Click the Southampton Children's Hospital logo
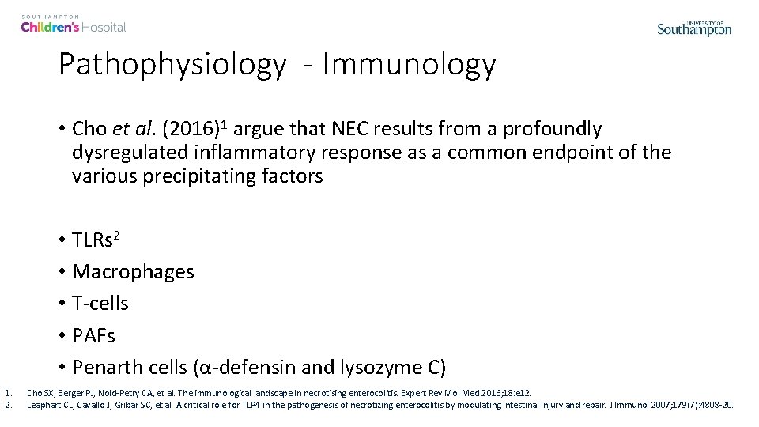(73, 24)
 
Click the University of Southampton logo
(694, 28)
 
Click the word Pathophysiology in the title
(172, 65)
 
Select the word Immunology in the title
(408, 65)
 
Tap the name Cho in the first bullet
(86, 129)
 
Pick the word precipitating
(201, 176)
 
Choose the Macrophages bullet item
(132, 272)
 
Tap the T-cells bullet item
(100, 304)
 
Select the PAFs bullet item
(93, 335)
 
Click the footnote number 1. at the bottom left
(7, 392)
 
